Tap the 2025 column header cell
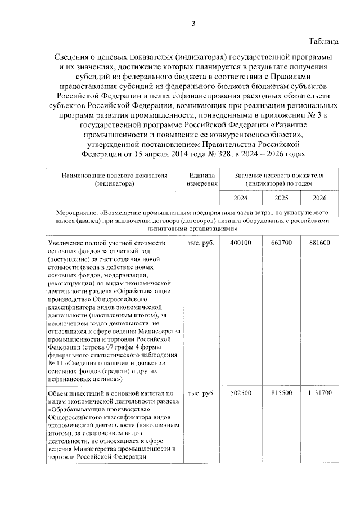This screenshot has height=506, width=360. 282,198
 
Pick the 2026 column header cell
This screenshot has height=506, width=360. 319,198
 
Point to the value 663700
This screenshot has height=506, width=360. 282,243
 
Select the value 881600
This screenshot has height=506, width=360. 319,243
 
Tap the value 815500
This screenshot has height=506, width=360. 282,392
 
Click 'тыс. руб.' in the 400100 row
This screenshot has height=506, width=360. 201,243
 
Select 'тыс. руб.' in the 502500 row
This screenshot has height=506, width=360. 201,392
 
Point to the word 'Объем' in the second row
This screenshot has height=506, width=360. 57,392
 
